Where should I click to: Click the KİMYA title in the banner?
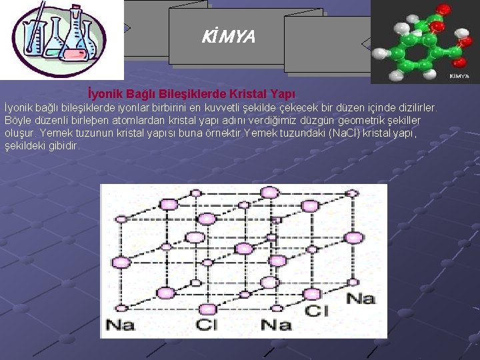228,37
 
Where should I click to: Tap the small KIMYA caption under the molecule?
459,76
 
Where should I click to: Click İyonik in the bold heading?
103,94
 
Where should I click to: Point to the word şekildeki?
26,145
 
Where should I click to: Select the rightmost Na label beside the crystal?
361,298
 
